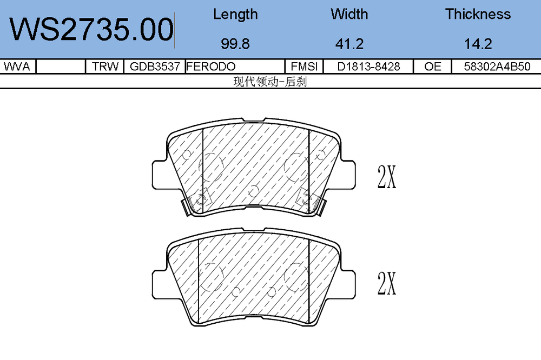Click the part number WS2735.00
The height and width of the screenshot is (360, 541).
(x=91, y=29)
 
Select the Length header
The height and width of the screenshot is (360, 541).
(x=235, y=15)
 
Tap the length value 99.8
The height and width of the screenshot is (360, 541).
(x=235, y=44)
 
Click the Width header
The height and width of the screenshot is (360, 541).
(x=349, y=14)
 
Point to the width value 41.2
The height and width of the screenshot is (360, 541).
(x=349, y=44)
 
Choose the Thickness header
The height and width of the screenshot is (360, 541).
(x=478, y=14)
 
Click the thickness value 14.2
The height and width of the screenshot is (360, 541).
(x=478, y=44)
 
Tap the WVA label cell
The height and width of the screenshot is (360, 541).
(x=17, y=66)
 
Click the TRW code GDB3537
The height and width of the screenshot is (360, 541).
(x=155, y=66)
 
